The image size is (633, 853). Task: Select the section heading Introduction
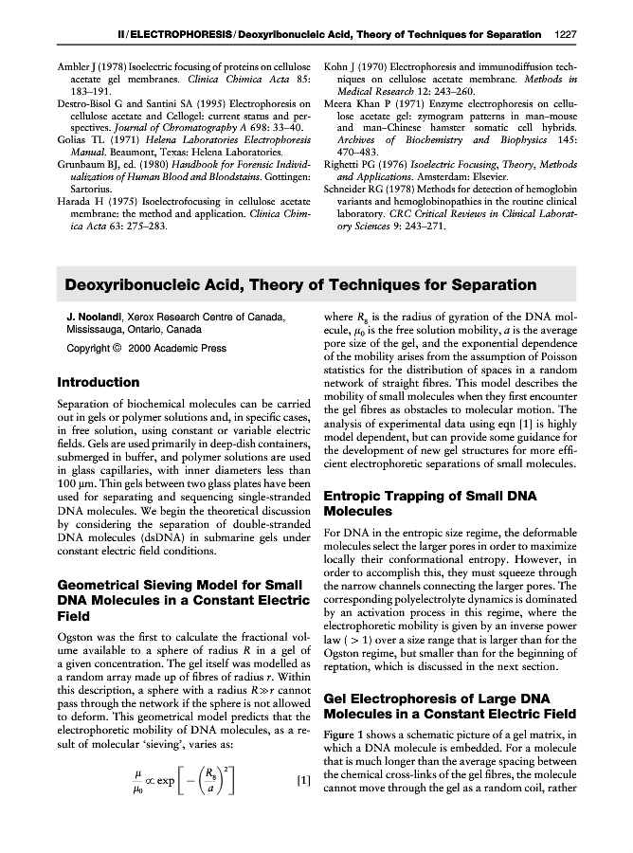pyautogui.click(x=99, y=383)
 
